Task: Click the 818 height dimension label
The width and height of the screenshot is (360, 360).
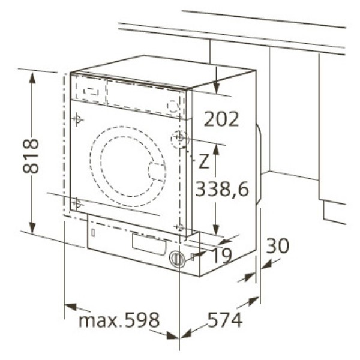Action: pos(31,155)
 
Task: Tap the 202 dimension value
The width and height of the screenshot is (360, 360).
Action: pos(221,119)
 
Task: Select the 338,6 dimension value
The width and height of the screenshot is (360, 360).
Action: pos(222,189)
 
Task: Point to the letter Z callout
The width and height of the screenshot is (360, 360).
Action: pos(204,161)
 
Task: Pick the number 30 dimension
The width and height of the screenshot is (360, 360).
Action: pos(278,245)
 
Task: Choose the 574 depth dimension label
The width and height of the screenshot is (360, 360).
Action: pos(225,320)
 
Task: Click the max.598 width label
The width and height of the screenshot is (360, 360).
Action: pos(119,320)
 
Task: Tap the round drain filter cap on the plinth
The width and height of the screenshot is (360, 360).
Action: pos(177,258)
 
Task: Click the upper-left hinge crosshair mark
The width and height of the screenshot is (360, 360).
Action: pos(77,119)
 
